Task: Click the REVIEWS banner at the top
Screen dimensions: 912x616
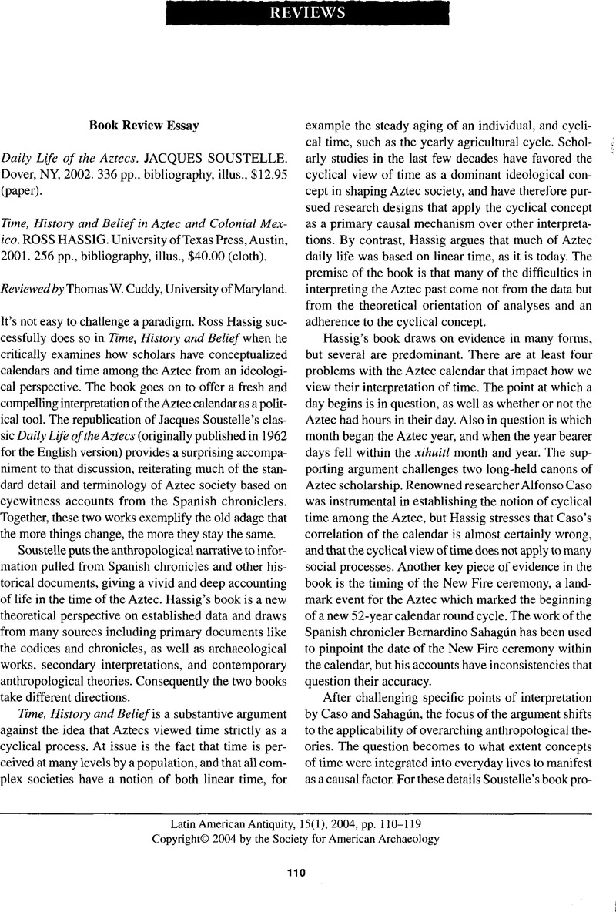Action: coord(308,13)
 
